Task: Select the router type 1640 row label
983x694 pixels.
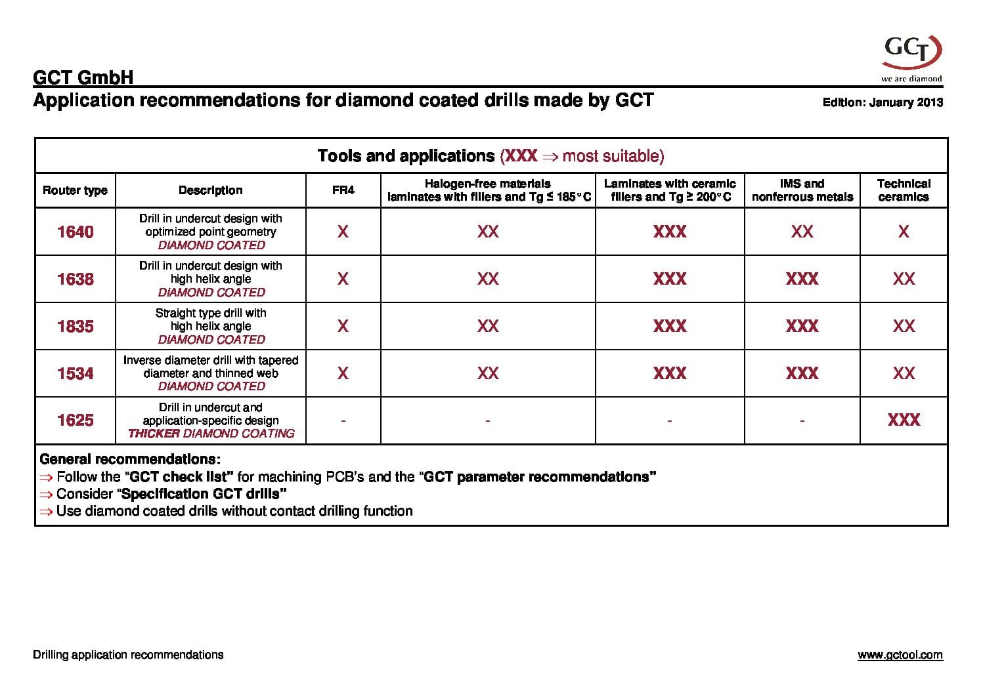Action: coord(76,232)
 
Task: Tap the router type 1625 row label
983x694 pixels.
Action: coord(76,420)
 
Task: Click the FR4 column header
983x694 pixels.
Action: coord(343,190)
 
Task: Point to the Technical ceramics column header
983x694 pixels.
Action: coord(904,190)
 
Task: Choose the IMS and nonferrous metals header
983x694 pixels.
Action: coord(802,190)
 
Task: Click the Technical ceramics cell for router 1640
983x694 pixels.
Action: coord(904,232)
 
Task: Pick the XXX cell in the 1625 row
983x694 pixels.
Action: coord(904,420)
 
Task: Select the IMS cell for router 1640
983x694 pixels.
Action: coord(802,232)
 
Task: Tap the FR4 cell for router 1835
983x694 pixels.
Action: coord(343,326)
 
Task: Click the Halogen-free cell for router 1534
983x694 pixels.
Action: coord(488,373)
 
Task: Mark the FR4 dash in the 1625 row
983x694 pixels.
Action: coord(343,420)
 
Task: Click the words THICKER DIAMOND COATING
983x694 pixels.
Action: coord(211,434)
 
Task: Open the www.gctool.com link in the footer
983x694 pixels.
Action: coord(900,655)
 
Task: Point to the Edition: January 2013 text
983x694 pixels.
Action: coord(883,102)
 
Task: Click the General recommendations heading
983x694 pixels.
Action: coord(130,459)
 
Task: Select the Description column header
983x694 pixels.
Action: coord(211,190)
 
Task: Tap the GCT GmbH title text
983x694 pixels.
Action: coord(83,78)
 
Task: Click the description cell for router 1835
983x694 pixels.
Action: coord(211,326)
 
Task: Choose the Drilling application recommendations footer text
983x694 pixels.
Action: coord(128,655)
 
